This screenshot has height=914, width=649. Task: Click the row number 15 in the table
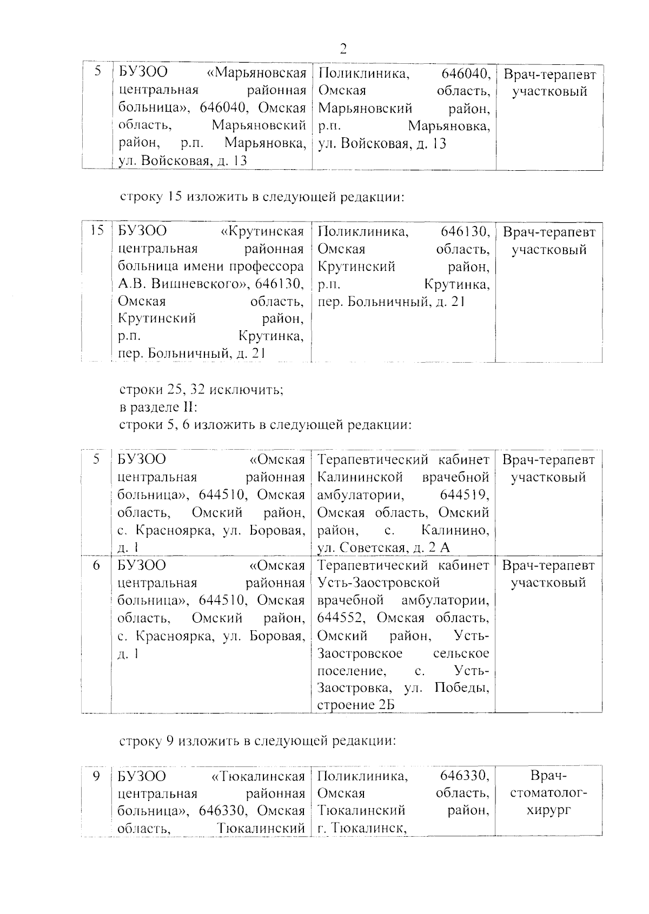pos(97,231)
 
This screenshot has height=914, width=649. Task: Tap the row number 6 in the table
pos(96,565)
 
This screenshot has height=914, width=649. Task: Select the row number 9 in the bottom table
pos(96,776)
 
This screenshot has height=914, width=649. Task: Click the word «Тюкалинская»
pos(257,776)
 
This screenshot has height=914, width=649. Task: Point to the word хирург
pos(548,811)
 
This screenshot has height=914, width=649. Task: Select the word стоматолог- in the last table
pos(548,793)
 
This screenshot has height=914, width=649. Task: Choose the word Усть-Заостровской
pos(378,583)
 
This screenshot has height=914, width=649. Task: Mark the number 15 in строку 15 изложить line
pos(174,197)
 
